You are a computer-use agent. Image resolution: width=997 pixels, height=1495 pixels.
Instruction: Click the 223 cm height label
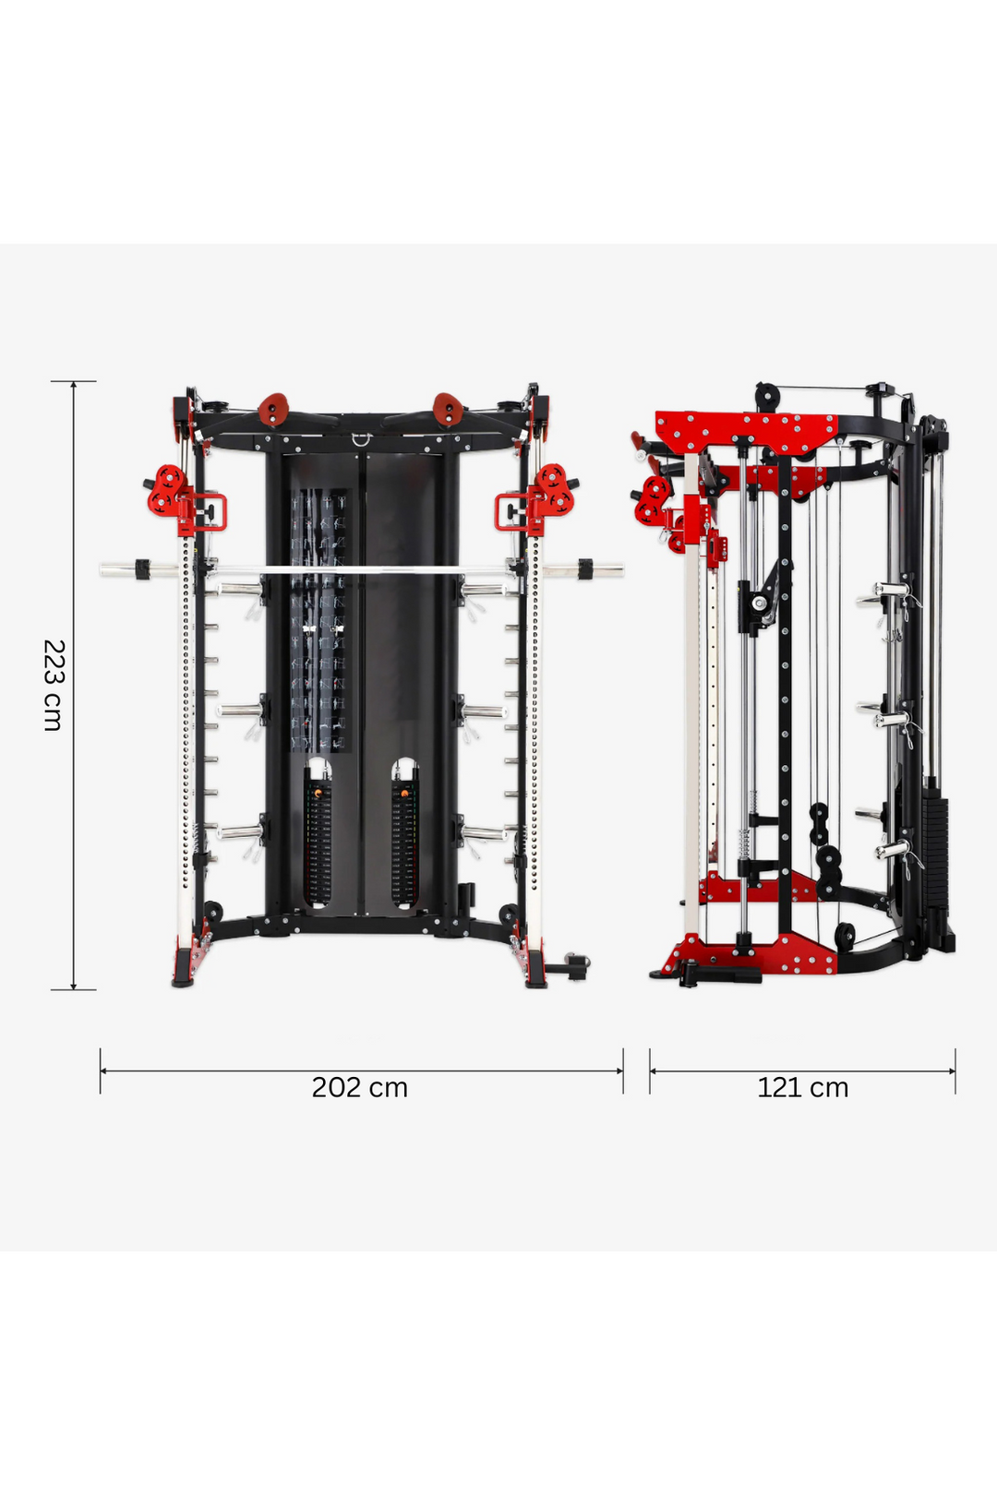pyautogui.click(x=54, y=685)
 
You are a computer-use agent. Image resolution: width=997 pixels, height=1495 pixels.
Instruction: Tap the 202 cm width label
pyautogui.click(x=359, y=1087)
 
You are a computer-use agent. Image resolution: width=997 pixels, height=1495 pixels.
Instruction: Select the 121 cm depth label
pyautogui.click(x=802, y=1087)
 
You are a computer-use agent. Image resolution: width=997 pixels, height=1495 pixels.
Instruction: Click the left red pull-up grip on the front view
pyautogui.click(x=273, y=409)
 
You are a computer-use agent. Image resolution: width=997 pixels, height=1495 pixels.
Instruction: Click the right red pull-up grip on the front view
pyautogui.click(x=447, y=409)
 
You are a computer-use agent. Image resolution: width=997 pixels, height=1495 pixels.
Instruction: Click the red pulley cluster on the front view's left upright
pyautogui.click(x=168, y=490)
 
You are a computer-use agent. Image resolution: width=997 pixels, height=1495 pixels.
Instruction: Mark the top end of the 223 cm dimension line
pyautogui.click(x=74, y=381)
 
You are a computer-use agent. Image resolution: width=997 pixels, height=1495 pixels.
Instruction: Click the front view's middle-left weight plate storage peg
pyautogui.click(x=242, y=711)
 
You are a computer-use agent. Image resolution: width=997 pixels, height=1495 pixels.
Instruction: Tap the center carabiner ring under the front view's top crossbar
pyautogui.click(x=359, y=440)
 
